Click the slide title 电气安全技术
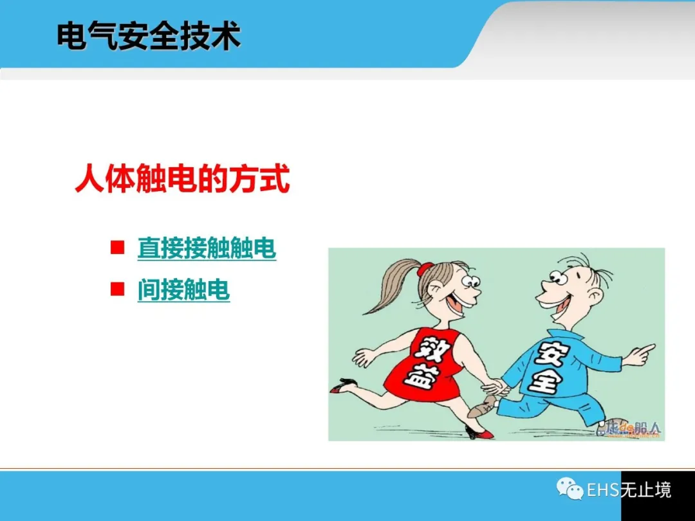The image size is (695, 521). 149,35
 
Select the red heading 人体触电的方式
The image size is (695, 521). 183,179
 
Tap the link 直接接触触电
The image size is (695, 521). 207,248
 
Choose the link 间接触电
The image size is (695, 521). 183,289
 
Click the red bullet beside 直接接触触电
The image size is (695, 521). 118,247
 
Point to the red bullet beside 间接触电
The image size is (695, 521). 118,289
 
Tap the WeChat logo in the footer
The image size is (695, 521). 570,489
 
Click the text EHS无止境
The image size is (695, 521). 629,489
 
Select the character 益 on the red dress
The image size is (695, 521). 419,377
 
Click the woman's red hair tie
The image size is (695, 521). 427,268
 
